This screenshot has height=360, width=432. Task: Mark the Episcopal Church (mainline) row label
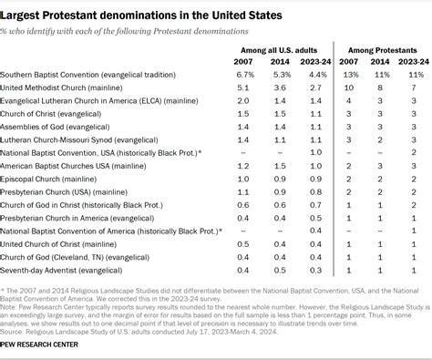pyautogui.click(x=60, y=179)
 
